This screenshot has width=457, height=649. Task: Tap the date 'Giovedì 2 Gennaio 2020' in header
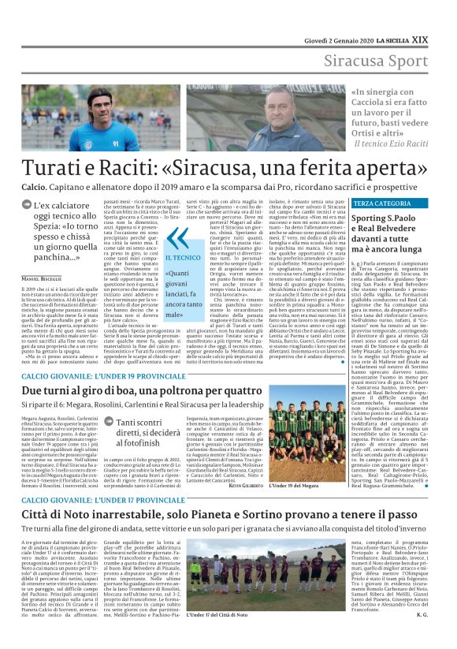coord(330,17)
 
